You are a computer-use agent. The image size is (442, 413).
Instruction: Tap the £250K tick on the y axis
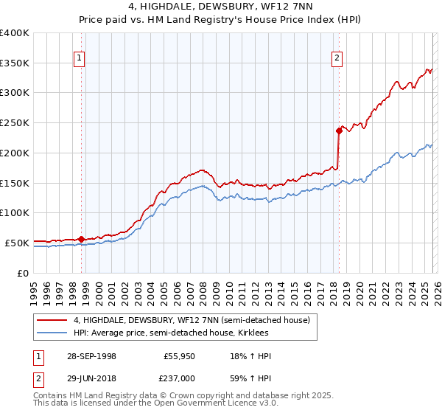15,123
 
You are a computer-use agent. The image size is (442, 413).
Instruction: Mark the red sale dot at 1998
82,239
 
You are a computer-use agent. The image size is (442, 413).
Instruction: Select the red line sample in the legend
51,320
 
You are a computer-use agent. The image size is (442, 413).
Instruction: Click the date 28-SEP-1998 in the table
91,356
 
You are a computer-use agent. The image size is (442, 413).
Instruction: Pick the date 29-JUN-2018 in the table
91,377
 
